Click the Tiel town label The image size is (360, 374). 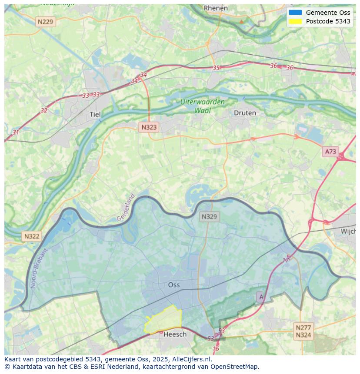click(95, 115)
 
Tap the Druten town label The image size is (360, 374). click(245, 113)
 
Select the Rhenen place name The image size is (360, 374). click(216, 8)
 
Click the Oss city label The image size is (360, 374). click(174, 285)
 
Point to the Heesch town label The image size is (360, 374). click(175, 334)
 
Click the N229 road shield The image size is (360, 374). click(46, 22)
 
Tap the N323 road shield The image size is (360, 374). click(149, 127)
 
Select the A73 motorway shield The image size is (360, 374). click(330, 151)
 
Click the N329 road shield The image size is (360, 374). click(209, 217)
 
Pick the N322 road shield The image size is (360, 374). click(32, 236)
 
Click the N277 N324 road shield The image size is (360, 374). click(303, 331)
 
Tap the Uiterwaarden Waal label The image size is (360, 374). click(203, 106)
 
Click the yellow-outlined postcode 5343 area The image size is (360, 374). click(163, 321)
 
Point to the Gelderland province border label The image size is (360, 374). click(126, 208)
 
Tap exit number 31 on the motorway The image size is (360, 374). click(16, 132)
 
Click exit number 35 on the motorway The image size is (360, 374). click(216, 68)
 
